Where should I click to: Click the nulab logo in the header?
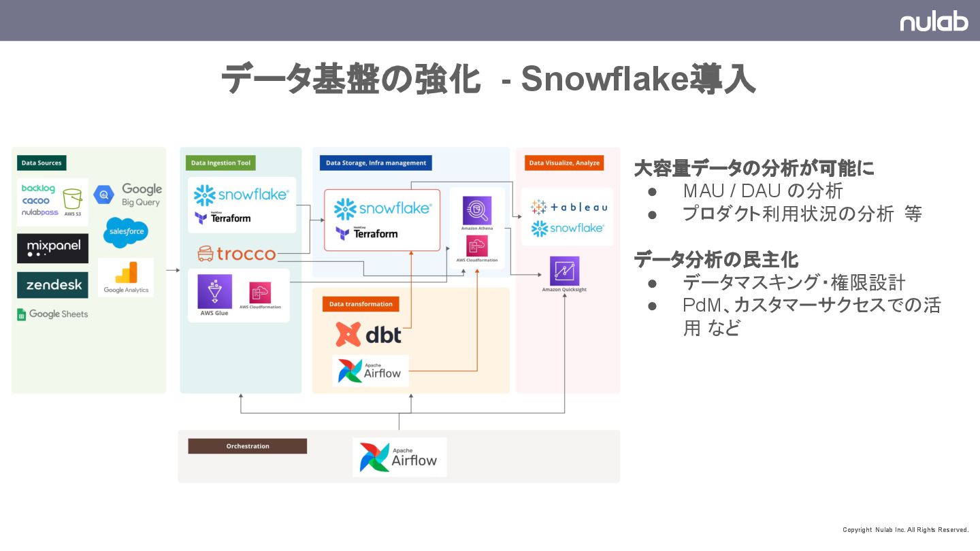point(934,21)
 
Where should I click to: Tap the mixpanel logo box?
point(52,248)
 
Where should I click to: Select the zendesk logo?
point(52,285)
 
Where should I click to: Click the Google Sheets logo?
point(52,314)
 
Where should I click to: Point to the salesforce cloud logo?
point(126,232)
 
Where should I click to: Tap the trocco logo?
point(237,254)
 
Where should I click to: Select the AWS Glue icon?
point(214,293)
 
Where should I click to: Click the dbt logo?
point(368,335)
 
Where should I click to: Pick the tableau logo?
point(568,207)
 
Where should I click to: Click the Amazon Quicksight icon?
point(564,271)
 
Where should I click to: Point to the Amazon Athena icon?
point(477,211)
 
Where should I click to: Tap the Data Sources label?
point(42,163)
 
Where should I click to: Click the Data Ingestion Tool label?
point(220,163)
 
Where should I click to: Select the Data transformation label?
point(361,304)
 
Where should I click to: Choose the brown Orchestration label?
point(248,446)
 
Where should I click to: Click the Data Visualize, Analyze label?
point(564,163)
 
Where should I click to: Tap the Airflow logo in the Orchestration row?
point(399,457)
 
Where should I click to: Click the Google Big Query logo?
point(128,195)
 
